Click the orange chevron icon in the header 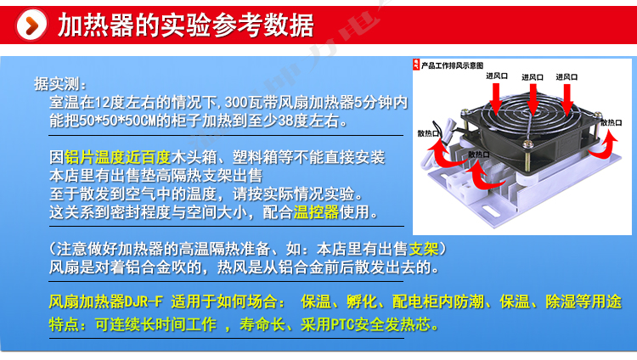pyautogui.click(x=31, y=25)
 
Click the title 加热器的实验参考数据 pyautogui.click(x=186, y=25)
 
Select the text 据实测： pyautogui.click(x=60, y=84)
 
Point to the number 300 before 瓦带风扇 pyautogui.click(x=236, y=102)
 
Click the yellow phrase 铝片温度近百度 pyautogui.click(x=117, y=157)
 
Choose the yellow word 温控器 pyautogui.click(x=316, y=211)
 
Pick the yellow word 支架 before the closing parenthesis pyautogui.click(x=424, y=249)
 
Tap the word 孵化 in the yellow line pyautogui.click(x=361, y=301)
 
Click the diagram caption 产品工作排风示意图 pyautogui.click(x=452, y=65)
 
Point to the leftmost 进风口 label pyautogui.click(x=497, y=76)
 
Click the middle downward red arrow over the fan pyautogui.click(x=533, y=98)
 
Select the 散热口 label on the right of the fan pyautogui.click(x=611, y=123)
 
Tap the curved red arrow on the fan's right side pyautogui.click(x=608, y=145)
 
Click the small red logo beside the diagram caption pyautogui.click(x=416, y=65)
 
